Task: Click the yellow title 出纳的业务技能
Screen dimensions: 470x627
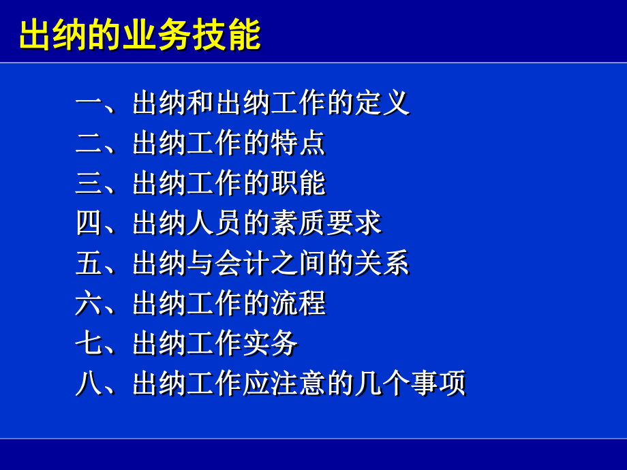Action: pos(140,35)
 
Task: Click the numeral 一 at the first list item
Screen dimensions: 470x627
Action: pos(89,104)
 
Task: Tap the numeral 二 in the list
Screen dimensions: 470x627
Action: pos(89,143)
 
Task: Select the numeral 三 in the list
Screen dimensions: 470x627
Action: pos(89,183)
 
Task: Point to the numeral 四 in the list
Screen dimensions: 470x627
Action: pos(89,223)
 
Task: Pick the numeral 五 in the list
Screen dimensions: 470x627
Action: pos(89,264)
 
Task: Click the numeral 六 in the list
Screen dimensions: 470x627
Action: pos(89,303)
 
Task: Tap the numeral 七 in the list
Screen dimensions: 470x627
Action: pos(89,343)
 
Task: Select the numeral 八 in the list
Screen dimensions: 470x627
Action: pos(89,383)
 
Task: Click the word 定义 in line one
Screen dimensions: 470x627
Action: pos(382,104)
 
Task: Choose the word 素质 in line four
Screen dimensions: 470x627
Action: pos(298,223)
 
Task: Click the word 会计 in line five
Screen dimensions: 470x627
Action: pos(242,264)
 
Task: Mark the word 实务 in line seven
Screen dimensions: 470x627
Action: pos(270,343)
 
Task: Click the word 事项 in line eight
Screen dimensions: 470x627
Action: pos(438,383)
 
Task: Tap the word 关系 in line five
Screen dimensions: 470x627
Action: pos(382,264)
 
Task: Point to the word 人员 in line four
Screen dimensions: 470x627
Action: pos(214,223)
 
